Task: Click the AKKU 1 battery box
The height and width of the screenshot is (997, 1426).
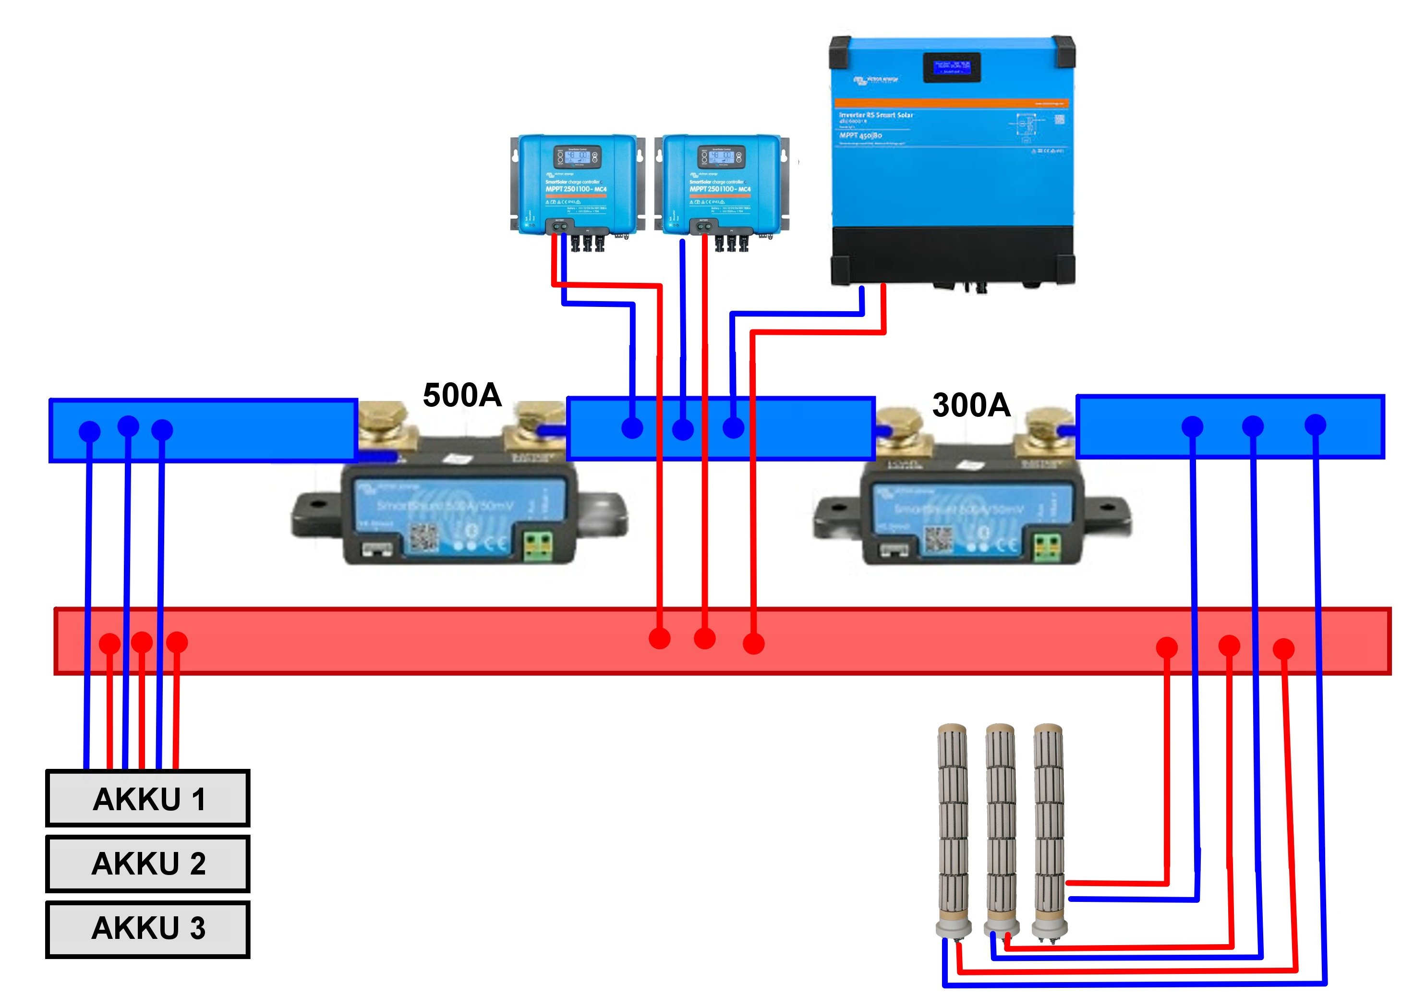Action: pyautogui.click(x=148, y=798)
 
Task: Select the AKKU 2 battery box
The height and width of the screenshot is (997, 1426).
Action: pyautogui.click(x=148, y=863)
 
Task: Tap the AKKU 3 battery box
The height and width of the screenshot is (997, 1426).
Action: pyautogui.click(x=148, y=929)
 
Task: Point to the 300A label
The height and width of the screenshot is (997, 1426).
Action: pyautogui.click(x=971, y=405)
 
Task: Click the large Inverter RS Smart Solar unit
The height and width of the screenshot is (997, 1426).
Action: pyautogui.click(x=952, y=161)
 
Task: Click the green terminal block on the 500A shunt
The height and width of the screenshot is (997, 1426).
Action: pyautogui.click(x=538, y=546)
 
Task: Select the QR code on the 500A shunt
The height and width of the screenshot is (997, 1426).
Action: pyautogui.click(x=423, y=538)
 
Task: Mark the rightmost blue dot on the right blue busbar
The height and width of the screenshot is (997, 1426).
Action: pyautogui.click(x=1315, y=425)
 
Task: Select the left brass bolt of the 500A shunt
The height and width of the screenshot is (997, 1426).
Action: pyautogui.click(x=383, y=419)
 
